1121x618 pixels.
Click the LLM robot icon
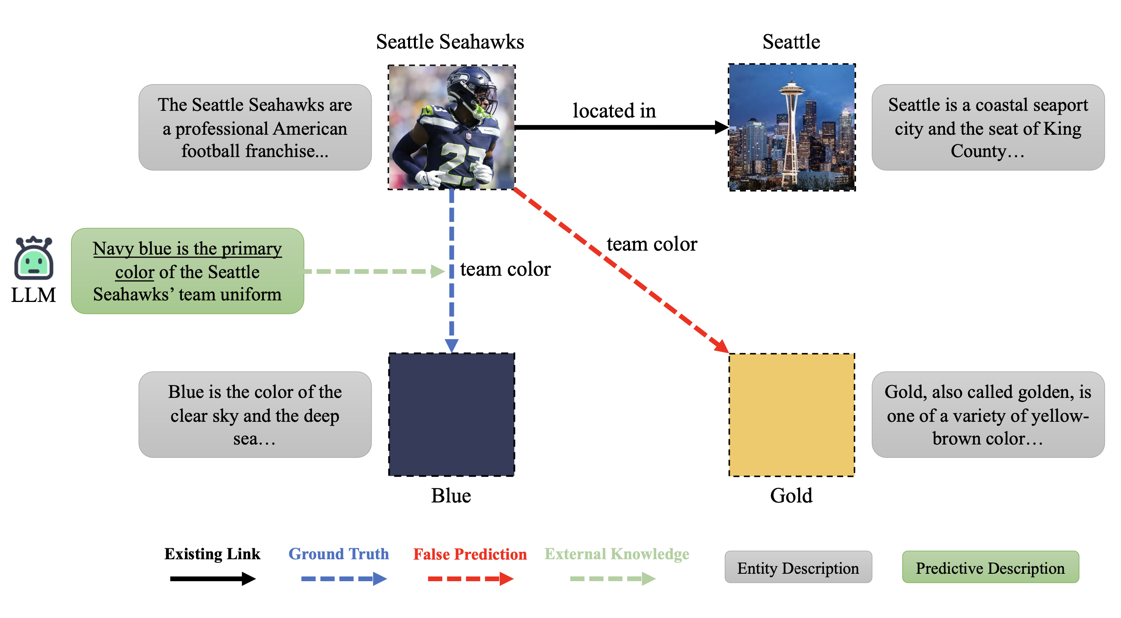pyautogui.click(x=33, y=258)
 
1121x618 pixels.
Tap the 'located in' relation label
pyautogui.click(x=613, y=111)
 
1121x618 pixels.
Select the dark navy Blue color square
pyautogui.click(x=451, y=414)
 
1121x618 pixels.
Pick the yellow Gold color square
pyautogui.click(x=791, y=414)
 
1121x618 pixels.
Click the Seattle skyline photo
pyautogui.click(x=792, y=127)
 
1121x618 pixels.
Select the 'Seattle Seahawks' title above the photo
pyautogui.click(x=450, y=42)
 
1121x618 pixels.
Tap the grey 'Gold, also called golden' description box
pyautogui.click(x=987, y=414)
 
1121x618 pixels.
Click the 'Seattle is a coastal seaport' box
pyautogui.click(x=987, y=127)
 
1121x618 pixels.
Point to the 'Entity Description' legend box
pyautogui.click(x=798, y=567)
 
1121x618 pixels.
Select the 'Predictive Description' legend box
pyautogui.click(x=990, y=567)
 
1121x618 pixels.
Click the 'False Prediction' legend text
pyautogui.click(x=470, y=554)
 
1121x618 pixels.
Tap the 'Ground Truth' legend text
pyautogui.click(x=339, y=554)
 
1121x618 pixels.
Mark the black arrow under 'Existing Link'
pyautogui.click(x=212, y=578)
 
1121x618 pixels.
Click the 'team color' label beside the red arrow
pyautogui.click(x=651, y=244)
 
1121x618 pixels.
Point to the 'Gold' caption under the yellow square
pyautogui.click(x=791, y=495)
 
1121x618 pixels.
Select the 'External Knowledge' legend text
pyautogui.click(x=617, y=554)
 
